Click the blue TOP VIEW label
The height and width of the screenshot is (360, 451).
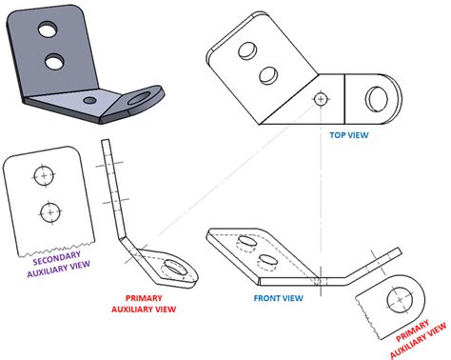tap(348, 136)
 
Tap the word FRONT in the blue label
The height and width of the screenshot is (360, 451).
tap(267, 298)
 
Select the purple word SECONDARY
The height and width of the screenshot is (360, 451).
tap(57, 259)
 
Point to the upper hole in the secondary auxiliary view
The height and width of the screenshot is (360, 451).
tap(42, 174)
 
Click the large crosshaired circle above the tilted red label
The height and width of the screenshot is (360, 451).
tap(397, 299)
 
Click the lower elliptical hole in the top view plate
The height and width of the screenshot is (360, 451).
tap(268, 73)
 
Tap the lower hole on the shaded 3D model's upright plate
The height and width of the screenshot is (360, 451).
tap(56, 63)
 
